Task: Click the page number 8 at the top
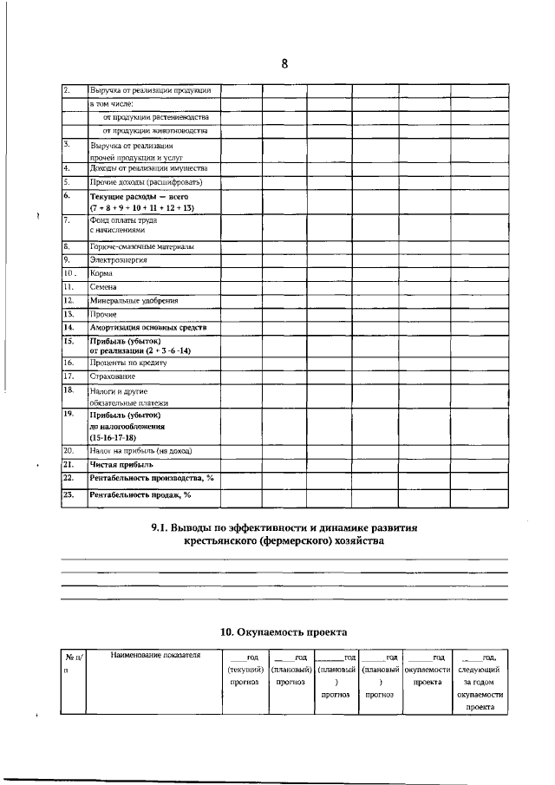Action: click(284, 63)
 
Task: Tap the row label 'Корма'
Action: click(102, 272)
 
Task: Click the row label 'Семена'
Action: click(104, 286)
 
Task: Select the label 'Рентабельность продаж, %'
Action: click(140, 494)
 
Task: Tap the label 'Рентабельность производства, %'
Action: click(151, 478)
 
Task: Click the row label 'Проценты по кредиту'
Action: click(128, 363)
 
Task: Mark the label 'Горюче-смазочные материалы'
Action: click(142, 246)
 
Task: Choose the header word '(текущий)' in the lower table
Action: click(245, 670)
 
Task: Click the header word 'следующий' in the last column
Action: click(478, 670)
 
